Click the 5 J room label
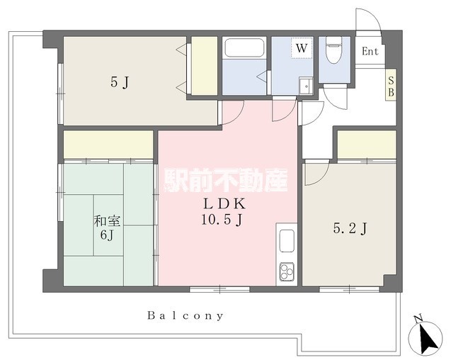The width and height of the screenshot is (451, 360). tap(120, 83)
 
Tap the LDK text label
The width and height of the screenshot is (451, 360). tap(225, 204)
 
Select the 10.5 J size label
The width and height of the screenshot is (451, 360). tap(222, 220)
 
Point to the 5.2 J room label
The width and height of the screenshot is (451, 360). tap(350, 229)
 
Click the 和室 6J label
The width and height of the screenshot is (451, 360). tap(107, 228)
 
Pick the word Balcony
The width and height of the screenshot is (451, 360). tap(185, 316)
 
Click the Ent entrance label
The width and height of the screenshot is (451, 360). tap(370, 52)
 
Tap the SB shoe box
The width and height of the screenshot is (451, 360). tap(391, 84)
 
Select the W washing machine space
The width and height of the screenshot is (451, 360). tap(302, 48)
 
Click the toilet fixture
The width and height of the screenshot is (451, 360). tap(333, 50)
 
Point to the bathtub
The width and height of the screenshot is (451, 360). tap(244, 47)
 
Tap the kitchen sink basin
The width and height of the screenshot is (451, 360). tap(287, 241)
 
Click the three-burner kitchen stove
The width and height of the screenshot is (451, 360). tap(287, 271)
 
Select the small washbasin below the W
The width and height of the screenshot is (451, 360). tap(306, 86)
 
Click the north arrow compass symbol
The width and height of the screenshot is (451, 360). tap(425, 336)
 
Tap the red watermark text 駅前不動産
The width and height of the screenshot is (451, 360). tap(226, 180)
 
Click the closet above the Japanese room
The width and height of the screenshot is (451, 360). tap(108, 145)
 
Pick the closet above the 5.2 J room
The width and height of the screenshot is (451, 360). tap(367, 145)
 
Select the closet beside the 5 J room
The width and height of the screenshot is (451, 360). tap(204, 66)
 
